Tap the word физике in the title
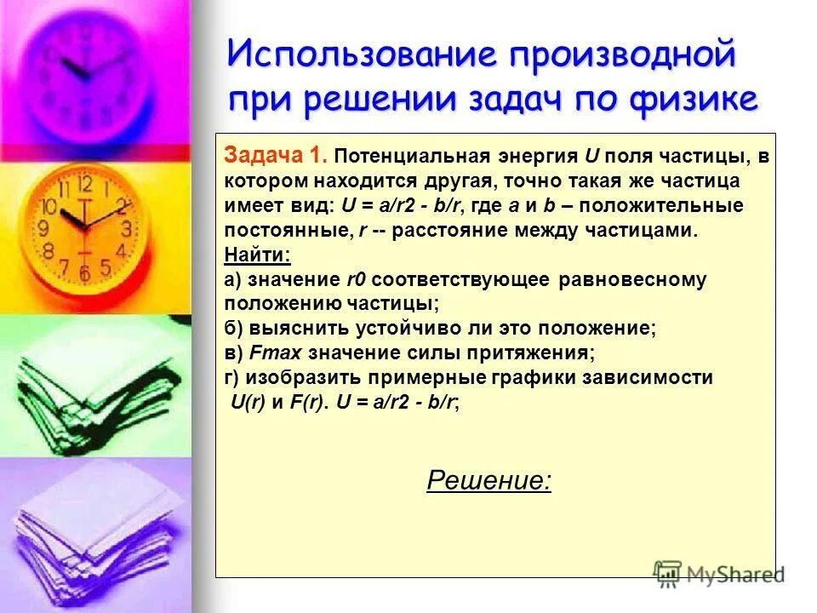click(695, 100)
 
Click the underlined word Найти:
click(257, 255)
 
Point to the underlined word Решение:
click(488, 481)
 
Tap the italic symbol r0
click(356, 279)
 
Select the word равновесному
click(633, 279)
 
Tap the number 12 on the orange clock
click(84, 184)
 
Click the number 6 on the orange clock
click(84, 272)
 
